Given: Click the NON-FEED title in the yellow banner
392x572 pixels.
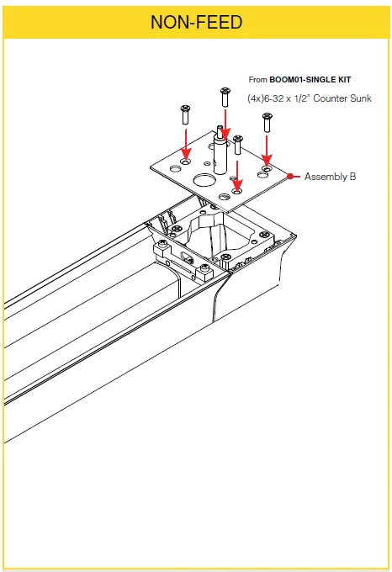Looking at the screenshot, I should click(x=196, y=23).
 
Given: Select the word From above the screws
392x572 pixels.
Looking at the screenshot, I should click(x=257, y=79).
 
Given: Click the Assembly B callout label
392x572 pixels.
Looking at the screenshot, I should click(x=330, y=177).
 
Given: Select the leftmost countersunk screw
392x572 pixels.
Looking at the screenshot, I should click(x=184, y=110).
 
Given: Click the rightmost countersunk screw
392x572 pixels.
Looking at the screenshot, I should click(x=267, y=121).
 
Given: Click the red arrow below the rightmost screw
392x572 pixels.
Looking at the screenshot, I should click(x=267, y=151).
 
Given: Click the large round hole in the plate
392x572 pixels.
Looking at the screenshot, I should click(x=203, y=181).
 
